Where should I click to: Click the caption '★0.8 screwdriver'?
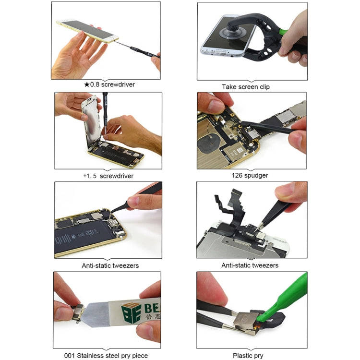[x=109, y=84]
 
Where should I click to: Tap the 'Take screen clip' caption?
[x=252, y=87]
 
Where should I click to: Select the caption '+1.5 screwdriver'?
[x=108, y=176]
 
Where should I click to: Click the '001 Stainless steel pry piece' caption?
[x=106, y=356]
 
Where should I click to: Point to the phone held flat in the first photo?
[x=86, y=31]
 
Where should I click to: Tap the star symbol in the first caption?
[x=87, y=84]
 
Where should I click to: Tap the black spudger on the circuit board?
[x=269, y=127]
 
